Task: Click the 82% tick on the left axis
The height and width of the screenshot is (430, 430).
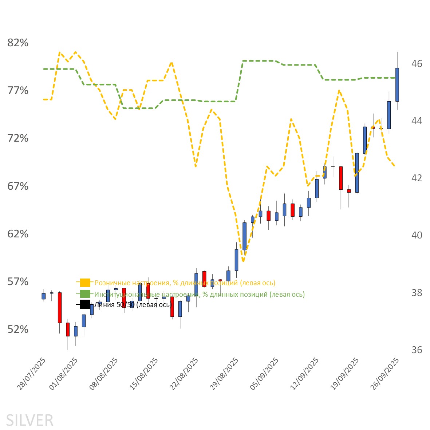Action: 18,43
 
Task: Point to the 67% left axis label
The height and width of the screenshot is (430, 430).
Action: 18,186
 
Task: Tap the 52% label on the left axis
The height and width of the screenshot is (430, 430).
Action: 18,330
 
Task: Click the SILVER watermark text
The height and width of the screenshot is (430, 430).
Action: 29,421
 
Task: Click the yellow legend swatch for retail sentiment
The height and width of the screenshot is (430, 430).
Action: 85,283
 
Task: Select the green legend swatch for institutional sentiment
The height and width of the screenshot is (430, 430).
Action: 85,294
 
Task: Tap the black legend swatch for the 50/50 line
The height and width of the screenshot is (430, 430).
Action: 85,304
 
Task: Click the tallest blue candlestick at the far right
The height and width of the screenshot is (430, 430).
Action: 397,84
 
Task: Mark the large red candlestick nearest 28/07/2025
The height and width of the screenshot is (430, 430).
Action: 60,308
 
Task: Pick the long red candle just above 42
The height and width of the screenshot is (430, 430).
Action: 341,178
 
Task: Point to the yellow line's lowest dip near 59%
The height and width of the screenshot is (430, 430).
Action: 243,261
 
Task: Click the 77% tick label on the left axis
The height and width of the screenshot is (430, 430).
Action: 18,91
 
